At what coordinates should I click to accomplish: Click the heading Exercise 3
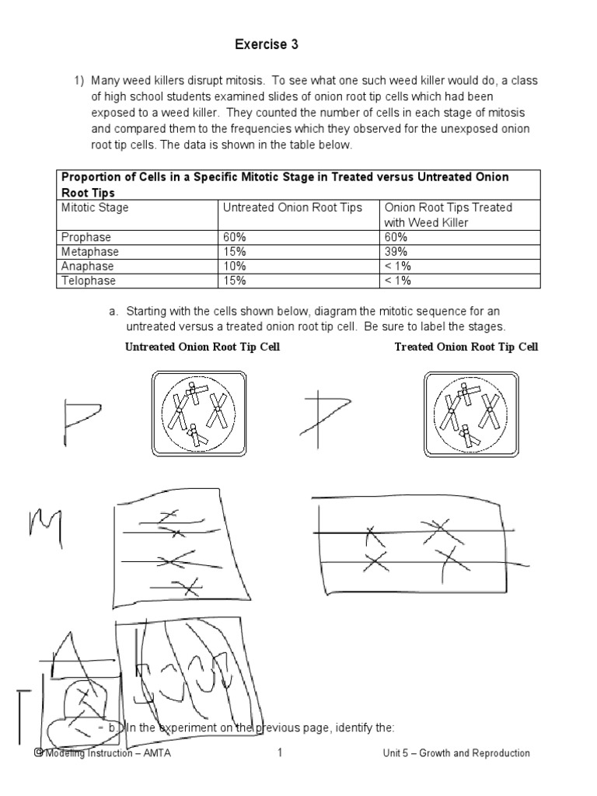267,45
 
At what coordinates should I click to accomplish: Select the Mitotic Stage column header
95,208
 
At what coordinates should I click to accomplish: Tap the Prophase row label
86,237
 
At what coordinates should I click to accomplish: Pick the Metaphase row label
89,252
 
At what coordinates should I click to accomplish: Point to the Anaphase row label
87,266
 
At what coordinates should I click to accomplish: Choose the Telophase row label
88,280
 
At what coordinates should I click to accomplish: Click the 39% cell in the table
396,252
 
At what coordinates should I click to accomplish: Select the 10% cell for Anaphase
234,266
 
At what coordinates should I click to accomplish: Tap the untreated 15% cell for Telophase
234,280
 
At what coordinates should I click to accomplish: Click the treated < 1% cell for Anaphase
398,266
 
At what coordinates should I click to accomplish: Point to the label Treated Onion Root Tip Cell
466,347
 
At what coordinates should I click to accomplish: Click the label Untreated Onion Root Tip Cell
202,347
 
